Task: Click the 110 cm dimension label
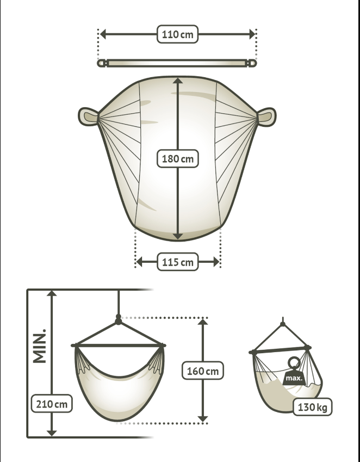pyautogui.click(x=177, y=34)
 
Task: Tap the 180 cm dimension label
pyautogui.click(x=177, y=158)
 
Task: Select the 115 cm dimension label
pyautogui.click(x=177, y=262)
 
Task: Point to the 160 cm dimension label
pyautogui.click(x=202, y=371)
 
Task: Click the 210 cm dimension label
pyautogui.click(x=52, y=404)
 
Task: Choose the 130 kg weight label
pyautogui.click(x=312, y=407)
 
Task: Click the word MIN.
pyautogui.click(x=40, y=346)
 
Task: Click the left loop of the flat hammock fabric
pyautogui.click(x=88, y=116)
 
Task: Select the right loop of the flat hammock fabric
pyautogui.click(x=266, y=117)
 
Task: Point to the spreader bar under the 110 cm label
pyautogui.click(x=177, y=63)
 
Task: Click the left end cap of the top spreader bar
pyautogui.click(x=102, y=63)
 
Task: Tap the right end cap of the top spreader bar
pyautogui.click(x=252, y=63)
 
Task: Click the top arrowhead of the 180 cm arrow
pyautogui.click(x=178, y=81)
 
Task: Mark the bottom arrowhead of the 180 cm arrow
pyautogui.click(x=178, y=236)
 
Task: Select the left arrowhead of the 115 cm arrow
pyautogui.click(x=139, y=262)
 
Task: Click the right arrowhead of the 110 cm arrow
pyautogui.click(x=252, y=34)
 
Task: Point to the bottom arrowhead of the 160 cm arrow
pyautogui.click(x=202, y=418)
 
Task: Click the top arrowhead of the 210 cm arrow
pyautogui.click(x=52, y=293)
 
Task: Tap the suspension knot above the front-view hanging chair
pyautogui.click(x=119, y=319)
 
